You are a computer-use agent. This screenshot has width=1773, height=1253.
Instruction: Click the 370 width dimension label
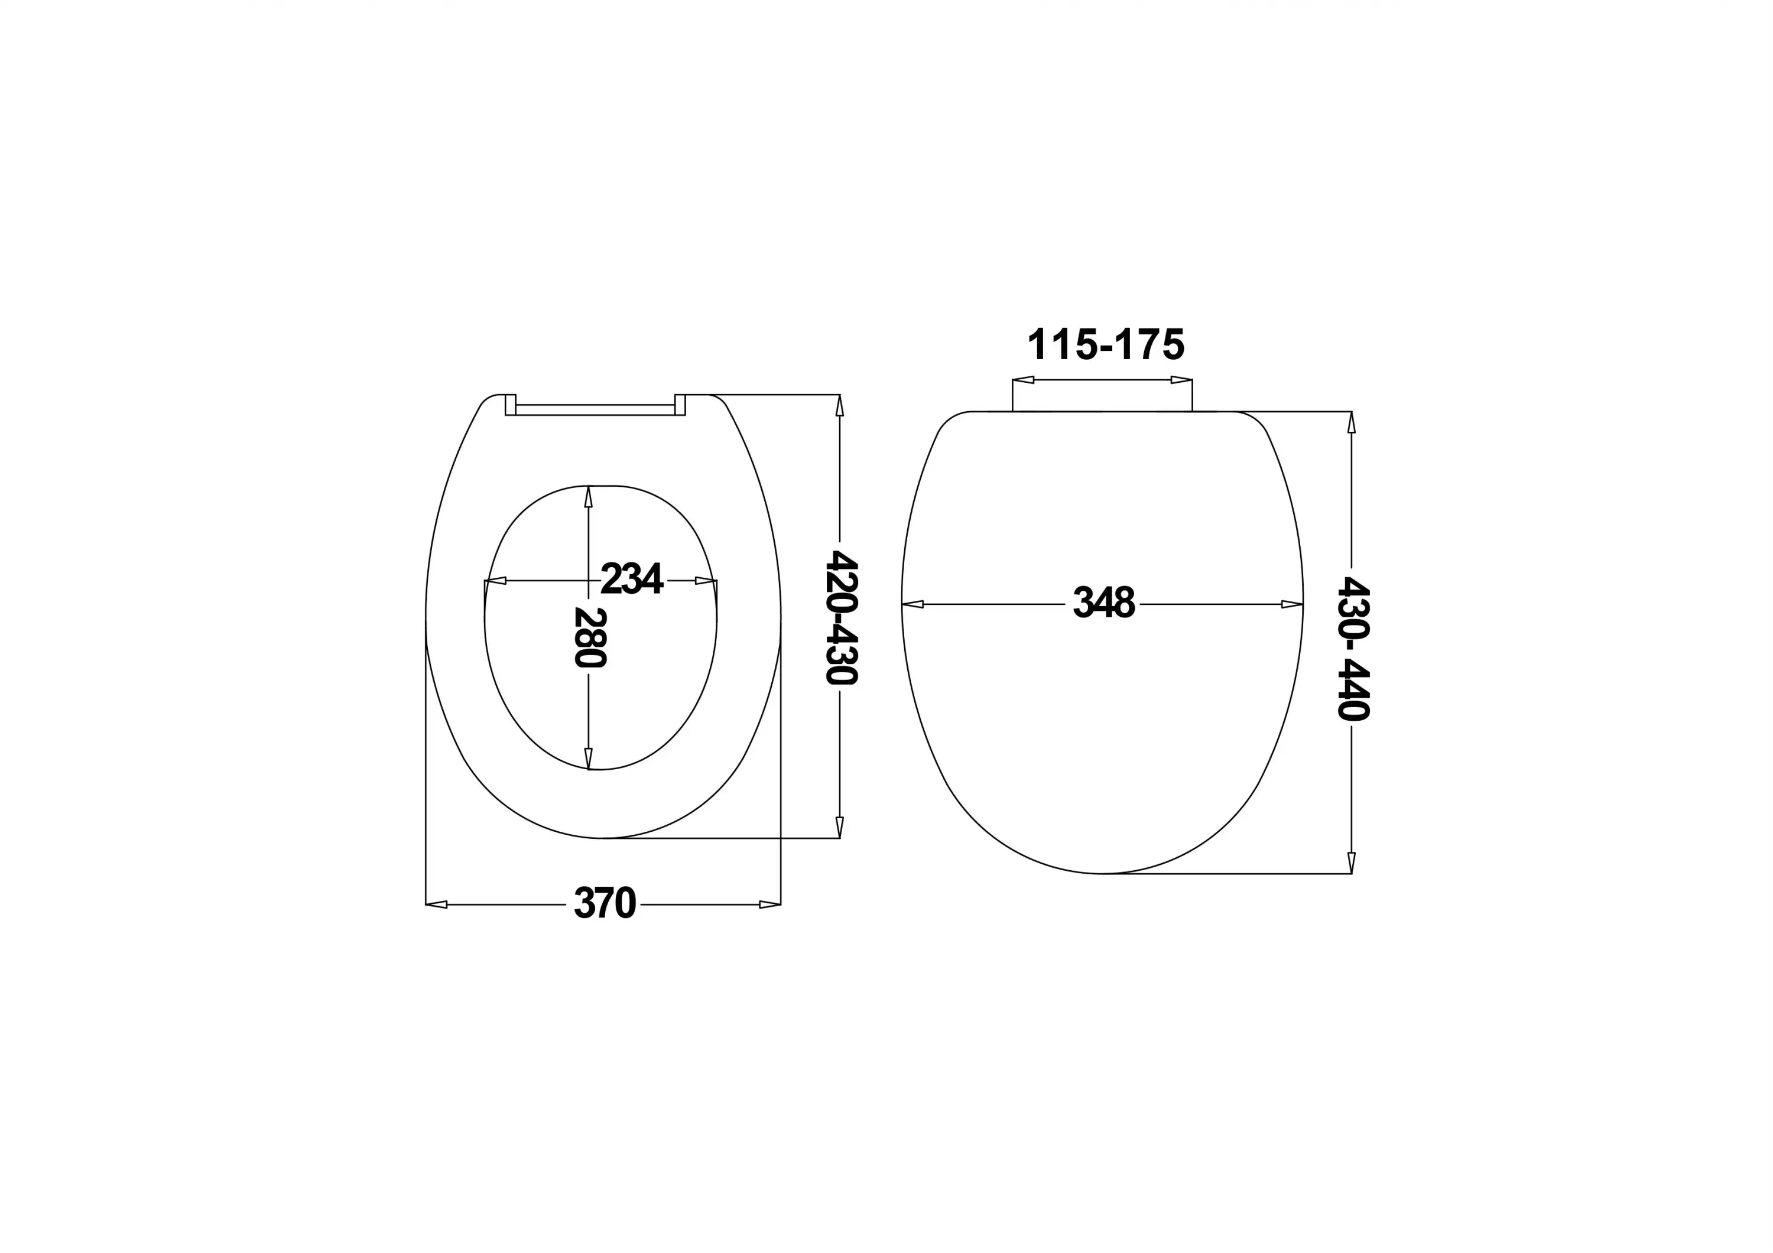tap(605, 903)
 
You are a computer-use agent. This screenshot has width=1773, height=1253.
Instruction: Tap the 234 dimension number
tap(632, 579)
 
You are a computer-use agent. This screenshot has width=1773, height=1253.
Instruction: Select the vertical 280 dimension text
tap(590, 637)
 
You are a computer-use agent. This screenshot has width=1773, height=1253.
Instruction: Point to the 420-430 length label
tap(841, 617)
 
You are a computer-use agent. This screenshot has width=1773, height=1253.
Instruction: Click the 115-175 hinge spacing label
tap(1105, 344)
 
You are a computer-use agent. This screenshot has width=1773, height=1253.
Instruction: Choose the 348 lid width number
tap(1104, 603)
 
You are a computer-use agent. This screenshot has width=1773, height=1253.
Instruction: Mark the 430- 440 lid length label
tap(1353, 649)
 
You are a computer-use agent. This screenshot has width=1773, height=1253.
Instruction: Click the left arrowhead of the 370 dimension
tap(436, 904)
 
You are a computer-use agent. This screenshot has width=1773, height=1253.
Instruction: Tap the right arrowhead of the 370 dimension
tap(770, 904)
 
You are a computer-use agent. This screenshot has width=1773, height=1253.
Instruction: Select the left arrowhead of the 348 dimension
tap(913, 604)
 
